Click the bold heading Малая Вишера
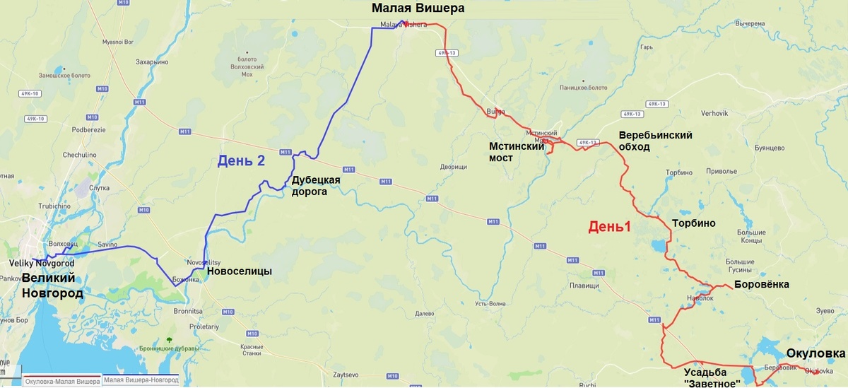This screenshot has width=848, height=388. click(418, 8)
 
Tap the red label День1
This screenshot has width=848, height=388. click(609, 227)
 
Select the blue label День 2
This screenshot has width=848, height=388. click(241, 161)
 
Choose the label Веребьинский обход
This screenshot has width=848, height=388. click(655, 141)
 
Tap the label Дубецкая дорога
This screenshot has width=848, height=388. click(316, 185)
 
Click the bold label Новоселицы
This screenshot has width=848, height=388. click(239, 271)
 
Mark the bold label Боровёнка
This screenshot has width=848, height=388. click(762, 285)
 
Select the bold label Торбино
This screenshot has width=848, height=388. click(693, 223)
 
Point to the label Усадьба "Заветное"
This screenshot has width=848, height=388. click(712, 377)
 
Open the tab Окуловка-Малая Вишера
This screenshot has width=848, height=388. click(62, 382)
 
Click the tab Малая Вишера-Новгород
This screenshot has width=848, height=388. click(140, 381)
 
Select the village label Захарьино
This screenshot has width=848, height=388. click(152, 62)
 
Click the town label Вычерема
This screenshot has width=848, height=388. click(750, 23)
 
